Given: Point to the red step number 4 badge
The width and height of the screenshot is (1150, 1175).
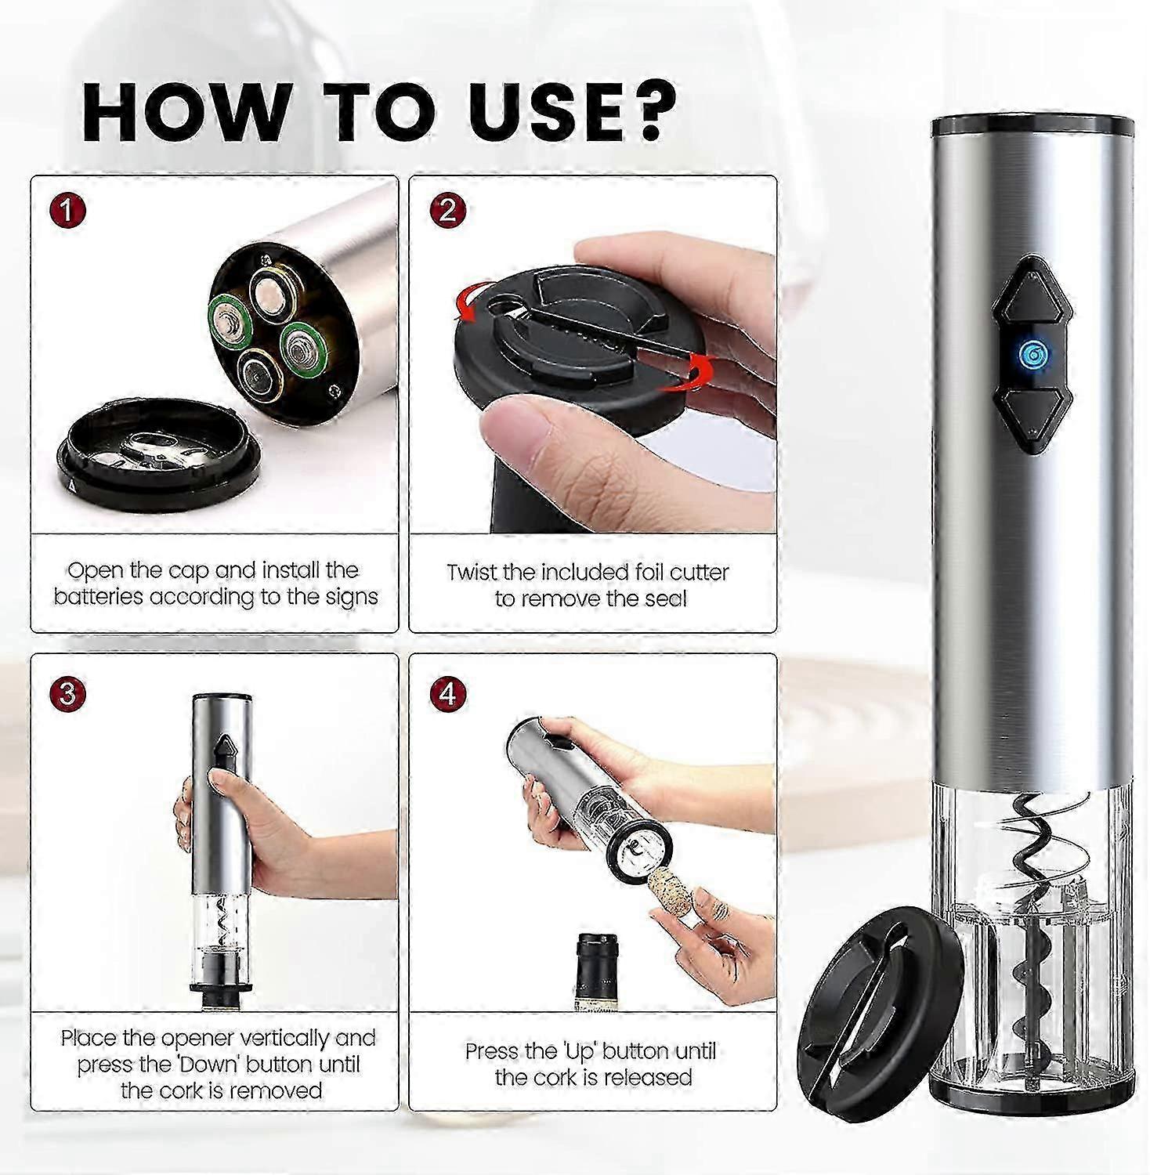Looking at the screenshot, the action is point(447,693).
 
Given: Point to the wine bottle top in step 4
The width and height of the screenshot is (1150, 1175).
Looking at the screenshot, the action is point(599,971).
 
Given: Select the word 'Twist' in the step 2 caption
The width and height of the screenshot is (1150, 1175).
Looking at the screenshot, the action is point(472,573).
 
